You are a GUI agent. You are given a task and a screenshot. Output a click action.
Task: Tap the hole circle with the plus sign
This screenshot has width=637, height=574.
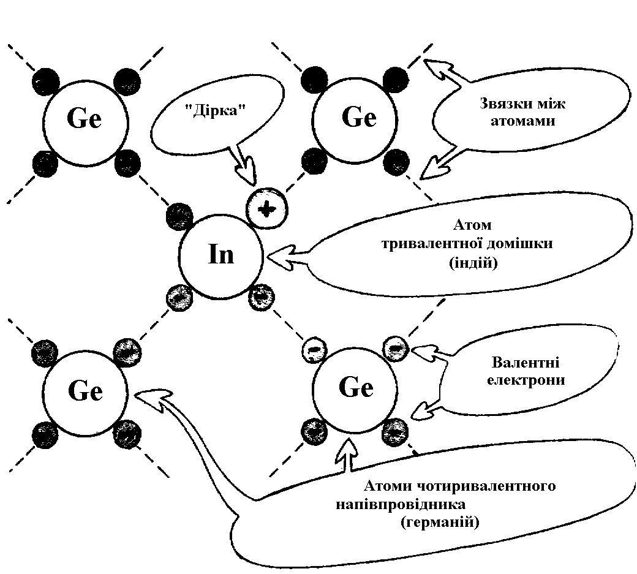click(x=266, y=209)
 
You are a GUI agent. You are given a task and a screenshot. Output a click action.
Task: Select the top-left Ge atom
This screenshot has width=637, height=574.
click(x=85, y=119)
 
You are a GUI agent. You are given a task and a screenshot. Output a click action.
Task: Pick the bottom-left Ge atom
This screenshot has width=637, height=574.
click(x=85, y=390)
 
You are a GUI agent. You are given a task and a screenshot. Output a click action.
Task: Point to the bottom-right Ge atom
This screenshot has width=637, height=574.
click(x=356, y=388)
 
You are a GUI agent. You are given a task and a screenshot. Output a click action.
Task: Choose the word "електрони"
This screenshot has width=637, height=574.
click(x=526, y=380)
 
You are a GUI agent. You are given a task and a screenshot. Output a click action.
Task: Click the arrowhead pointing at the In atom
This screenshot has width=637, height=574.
click(x=275, y=254)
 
